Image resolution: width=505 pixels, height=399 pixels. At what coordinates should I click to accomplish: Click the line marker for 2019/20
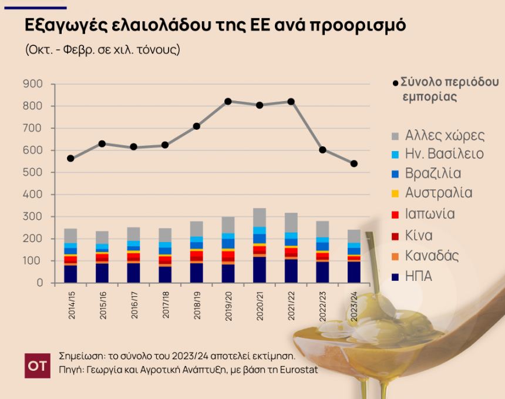[x=228, y=102]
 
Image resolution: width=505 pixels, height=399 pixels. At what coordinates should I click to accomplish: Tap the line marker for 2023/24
[x=354, y=163]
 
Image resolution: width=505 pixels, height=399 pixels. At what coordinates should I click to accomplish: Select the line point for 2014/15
[x=70, y=159]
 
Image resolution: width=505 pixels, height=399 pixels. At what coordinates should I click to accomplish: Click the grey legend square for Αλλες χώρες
[x=395, y=136]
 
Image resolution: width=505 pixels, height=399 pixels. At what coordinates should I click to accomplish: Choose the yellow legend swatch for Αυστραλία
[x=395, y=193]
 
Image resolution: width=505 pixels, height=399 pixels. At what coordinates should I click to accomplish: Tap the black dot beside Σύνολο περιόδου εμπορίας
[x=395, y=82]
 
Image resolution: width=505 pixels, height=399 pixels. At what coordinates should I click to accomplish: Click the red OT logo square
[x=36, y=366]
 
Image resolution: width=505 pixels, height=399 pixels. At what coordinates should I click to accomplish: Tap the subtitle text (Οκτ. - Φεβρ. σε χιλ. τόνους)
[x=102, y=49]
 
